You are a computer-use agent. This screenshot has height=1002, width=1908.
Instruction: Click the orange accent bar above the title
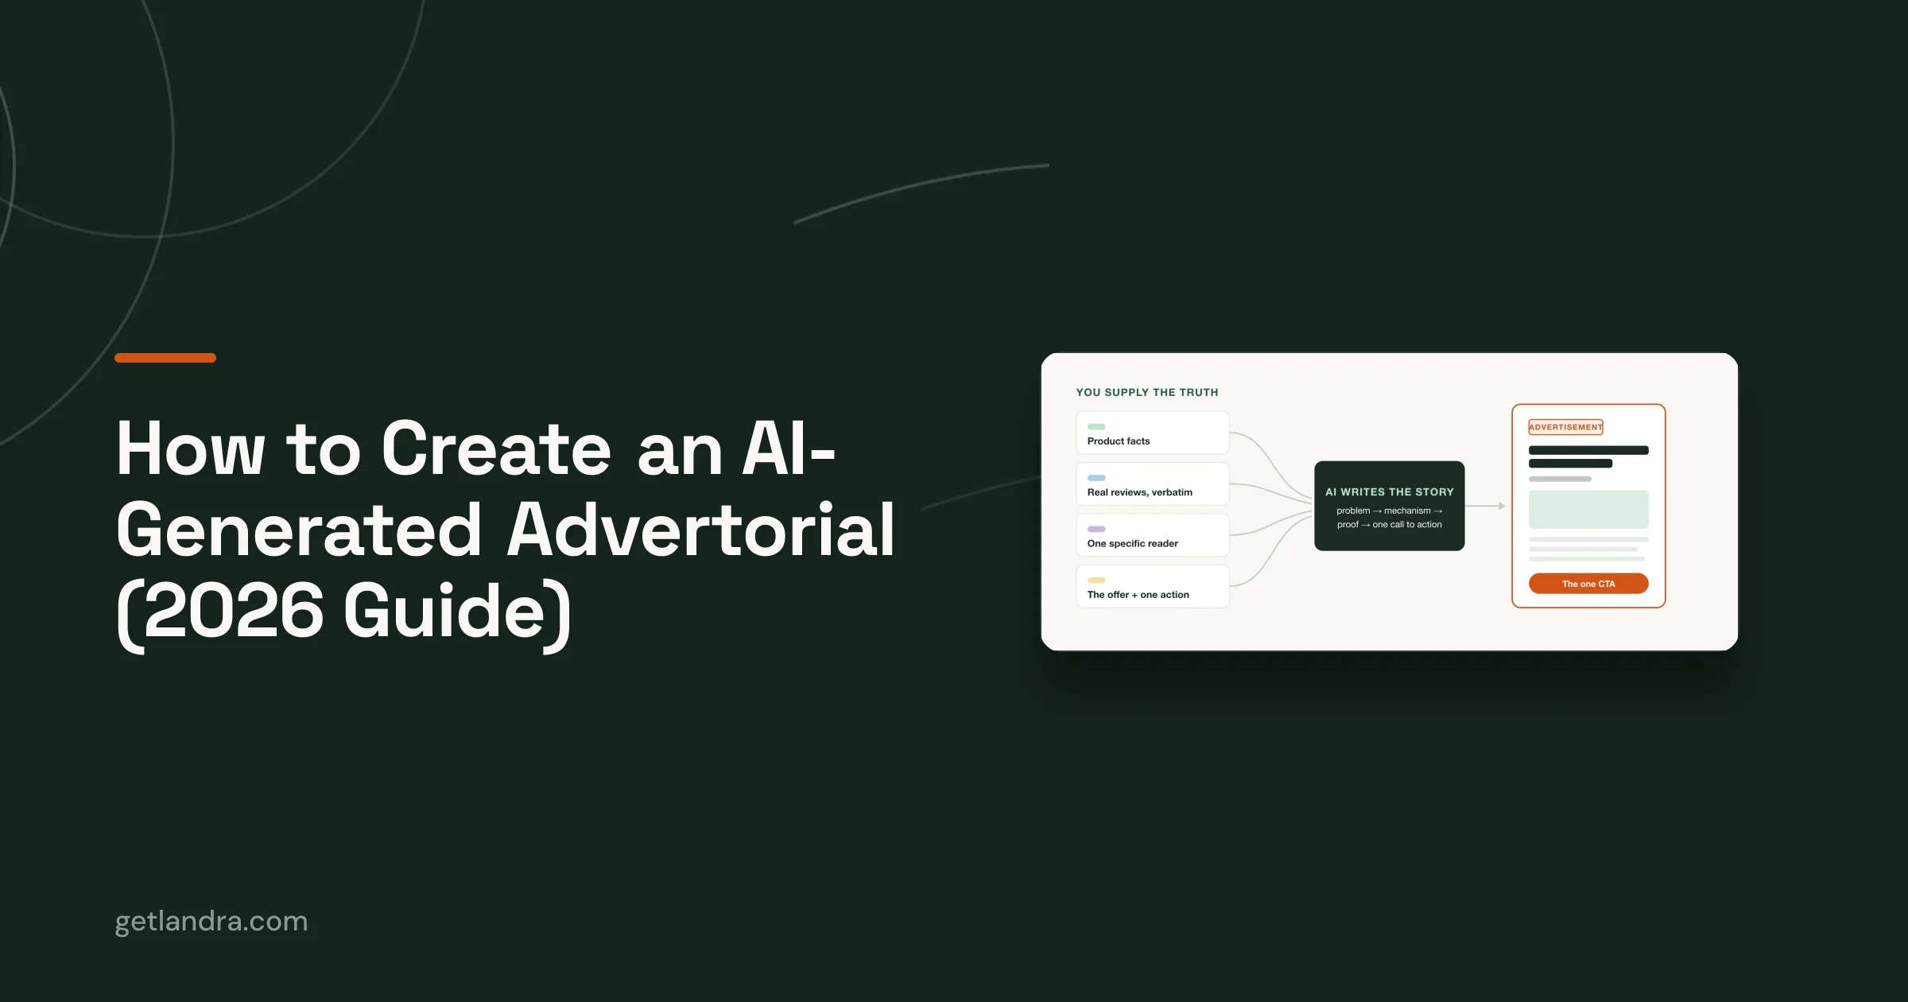(x=165, y=358)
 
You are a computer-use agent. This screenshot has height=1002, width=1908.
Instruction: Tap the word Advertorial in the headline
(x=702, y=530)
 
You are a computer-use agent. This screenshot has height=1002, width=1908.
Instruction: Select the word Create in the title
(x=496, y=449)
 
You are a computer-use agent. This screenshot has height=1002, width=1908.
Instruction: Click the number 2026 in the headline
(x=234, y=611)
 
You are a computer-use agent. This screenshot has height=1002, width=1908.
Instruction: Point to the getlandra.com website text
(x=211, y=922)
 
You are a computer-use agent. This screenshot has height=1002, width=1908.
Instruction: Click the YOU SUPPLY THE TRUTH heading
(x=1146, y=392)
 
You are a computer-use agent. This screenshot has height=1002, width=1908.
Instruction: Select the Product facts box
(x=1153, y=433)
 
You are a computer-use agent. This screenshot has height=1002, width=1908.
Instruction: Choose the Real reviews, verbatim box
(x=1153, y=484)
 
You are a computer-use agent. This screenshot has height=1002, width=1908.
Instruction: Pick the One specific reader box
(x=1153, y=535)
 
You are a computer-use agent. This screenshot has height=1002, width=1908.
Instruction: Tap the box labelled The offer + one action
(x=1153, y=586)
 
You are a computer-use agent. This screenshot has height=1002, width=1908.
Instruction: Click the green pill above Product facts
(x=1096, y=427)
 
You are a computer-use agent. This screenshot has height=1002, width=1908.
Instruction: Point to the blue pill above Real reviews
(x=1096, y=478)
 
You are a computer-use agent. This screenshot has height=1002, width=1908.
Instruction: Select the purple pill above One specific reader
(x=1096, y=529)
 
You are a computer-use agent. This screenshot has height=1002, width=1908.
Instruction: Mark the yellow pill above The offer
(x=1096, y=580)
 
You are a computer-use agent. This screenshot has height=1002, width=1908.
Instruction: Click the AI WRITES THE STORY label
(x=1390, y=492)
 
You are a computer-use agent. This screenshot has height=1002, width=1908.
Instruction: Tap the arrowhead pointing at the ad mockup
(x=1502, y=506)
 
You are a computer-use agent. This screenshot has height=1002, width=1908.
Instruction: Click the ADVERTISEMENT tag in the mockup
(x=1565, y=427)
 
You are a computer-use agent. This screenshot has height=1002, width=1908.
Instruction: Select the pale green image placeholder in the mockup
(x=1588, y=509)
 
